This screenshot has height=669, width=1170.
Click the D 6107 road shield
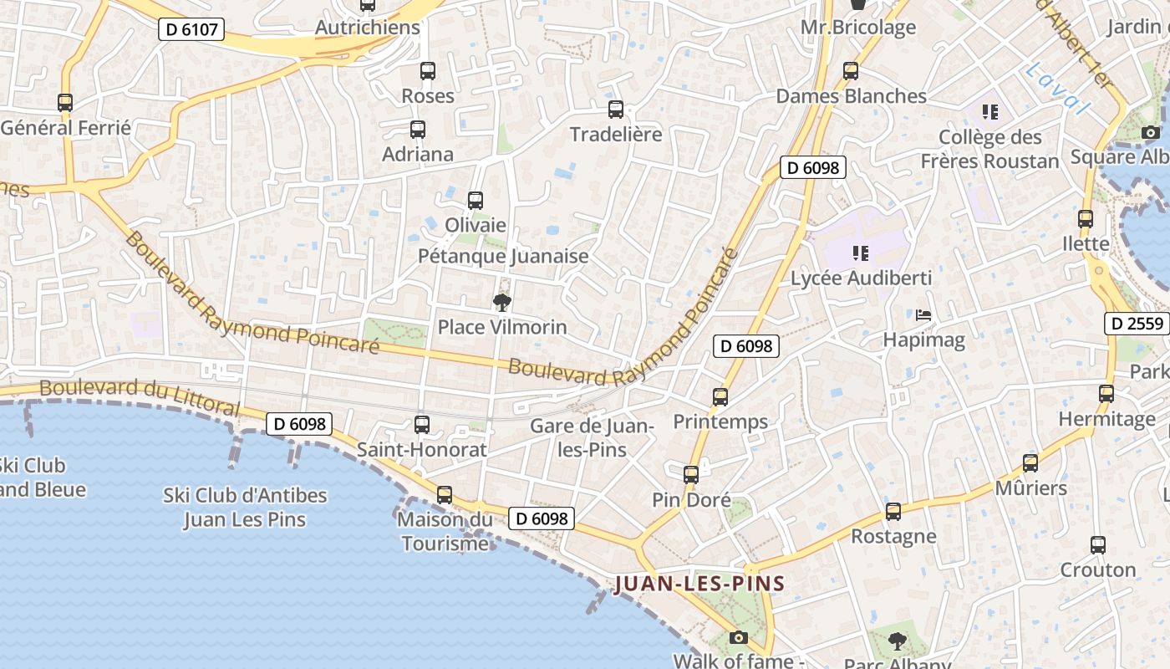pyautogui.click(x=191, y=30)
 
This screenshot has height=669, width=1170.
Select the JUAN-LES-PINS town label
pyautogui.click(x=699, y=584)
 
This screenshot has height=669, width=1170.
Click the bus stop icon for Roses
pyautogui.click(x=428, y=71)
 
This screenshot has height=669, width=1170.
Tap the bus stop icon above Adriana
pyautogui.click(x=418, y=130)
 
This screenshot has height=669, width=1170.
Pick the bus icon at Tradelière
pyautogui.click(x=616, y=110)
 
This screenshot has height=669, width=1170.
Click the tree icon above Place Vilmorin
pyautogui.click(x=502, y=302)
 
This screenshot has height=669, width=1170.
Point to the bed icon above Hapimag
pyautogui.click(x=923, y=315)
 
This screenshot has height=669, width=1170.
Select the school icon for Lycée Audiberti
pyautogui.click(x=861, y=253)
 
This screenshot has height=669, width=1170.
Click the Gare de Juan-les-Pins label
pyautogui.click(x=592, y=437)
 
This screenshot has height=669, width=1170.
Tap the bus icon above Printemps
pyautogui.click(x=720, y=397)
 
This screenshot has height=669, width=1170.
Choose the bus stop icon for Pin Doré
pyautogui.click(x=691, y=475)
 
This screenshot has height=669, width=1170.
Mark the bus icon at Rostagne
pyautogui.click(x=893, y=512)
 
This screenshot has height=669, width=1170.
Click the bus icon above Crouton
pyautogui.click(x=1098, y=545)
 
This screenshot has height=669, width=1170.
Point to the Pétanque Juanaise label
pyautogui.click(x=503, y=256)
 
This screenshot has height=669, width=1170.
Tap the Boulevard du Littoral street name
pyautogui.click(x=140, y=397)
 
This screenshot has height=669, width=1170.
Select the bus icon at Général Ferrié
pyautogui.click(x=65, y=103)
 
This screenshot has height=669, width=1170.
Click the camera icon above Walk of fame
pyautogui.click(x=738, y=637)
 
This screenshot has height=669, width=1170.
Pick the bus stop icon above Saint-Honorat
pyautogui.click(x=422, y=425)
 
